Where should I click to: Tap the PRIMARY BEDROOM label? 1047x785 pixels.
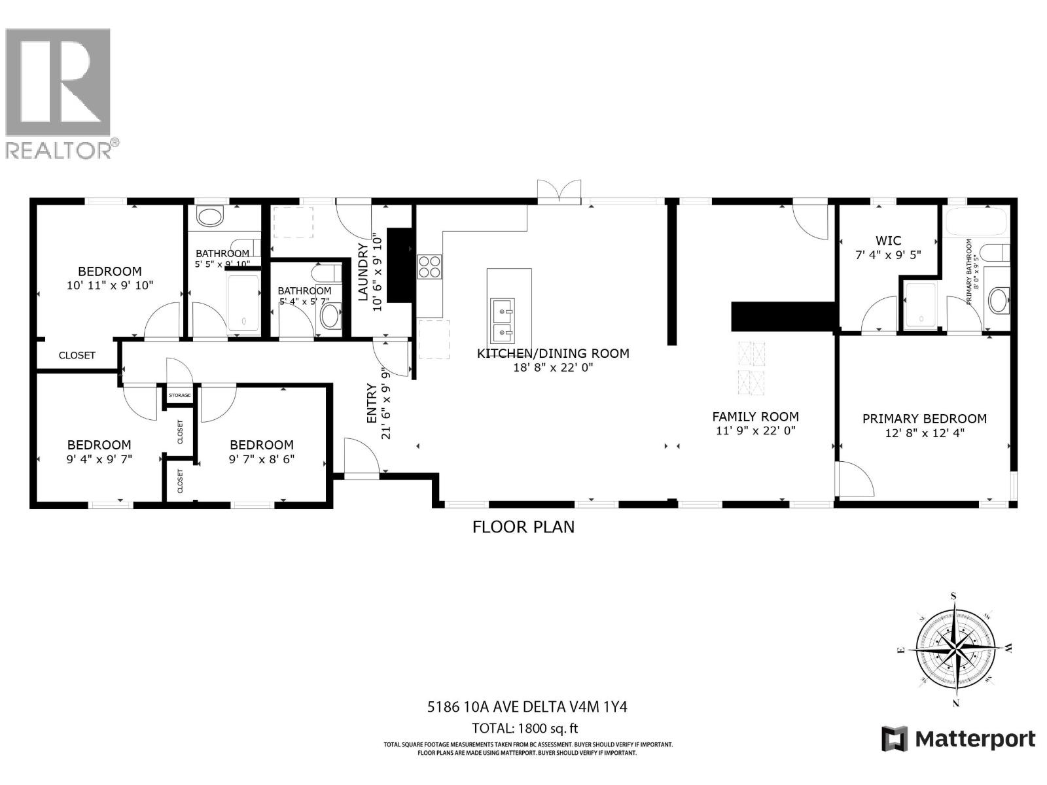(924, 419)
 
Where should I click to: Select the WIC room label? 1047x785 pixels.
(888, 241)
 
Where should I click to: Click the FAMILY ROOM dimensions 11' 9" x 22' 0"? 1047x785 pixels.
(756, 431)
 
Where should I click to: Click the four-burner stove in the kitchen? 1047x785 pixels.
(429, 266)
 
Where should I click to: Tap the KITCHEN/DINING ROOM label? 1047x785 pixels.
(553, 353)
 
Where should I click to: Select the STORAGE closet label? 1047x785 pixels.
(179, 396)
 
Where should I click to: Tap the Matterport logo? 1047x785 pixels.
(959, 739)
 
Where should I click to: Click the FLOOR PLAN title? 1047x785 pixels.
(523, 527)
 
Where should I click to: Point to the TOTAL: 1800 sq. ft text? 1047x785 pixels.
(525, 728)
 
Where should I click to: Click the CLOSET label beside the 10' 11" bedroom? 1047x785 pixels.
(77, 355)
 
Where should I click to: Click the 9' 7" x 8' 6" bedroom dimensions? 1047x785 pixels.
(261, 459)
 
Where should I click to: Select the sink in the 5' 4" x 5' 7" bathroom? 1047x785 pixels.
(330, 316)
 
